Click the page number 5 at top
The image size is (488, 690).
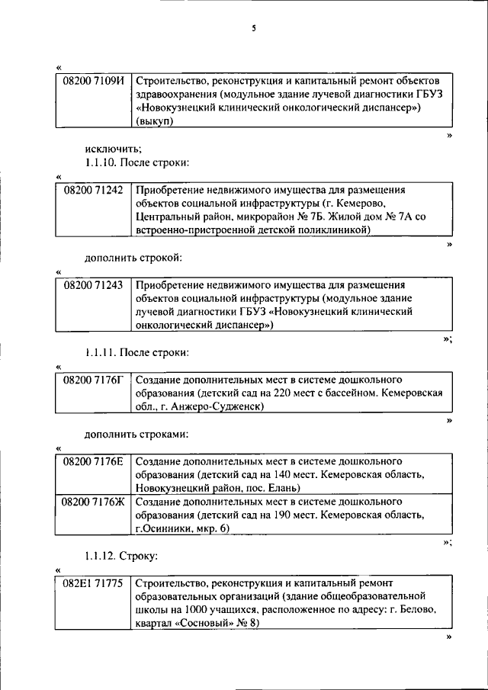255,30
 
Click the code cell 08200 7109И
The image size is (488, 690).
92,80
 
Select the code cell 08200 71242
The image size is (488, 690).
92,190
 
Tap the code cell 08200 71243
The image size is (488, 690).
92,284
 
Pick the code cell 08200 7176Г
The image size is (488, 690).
92,379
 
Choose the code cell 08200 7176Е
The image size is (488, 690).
92,461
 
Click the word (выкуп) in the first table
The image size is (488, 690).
155,122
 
